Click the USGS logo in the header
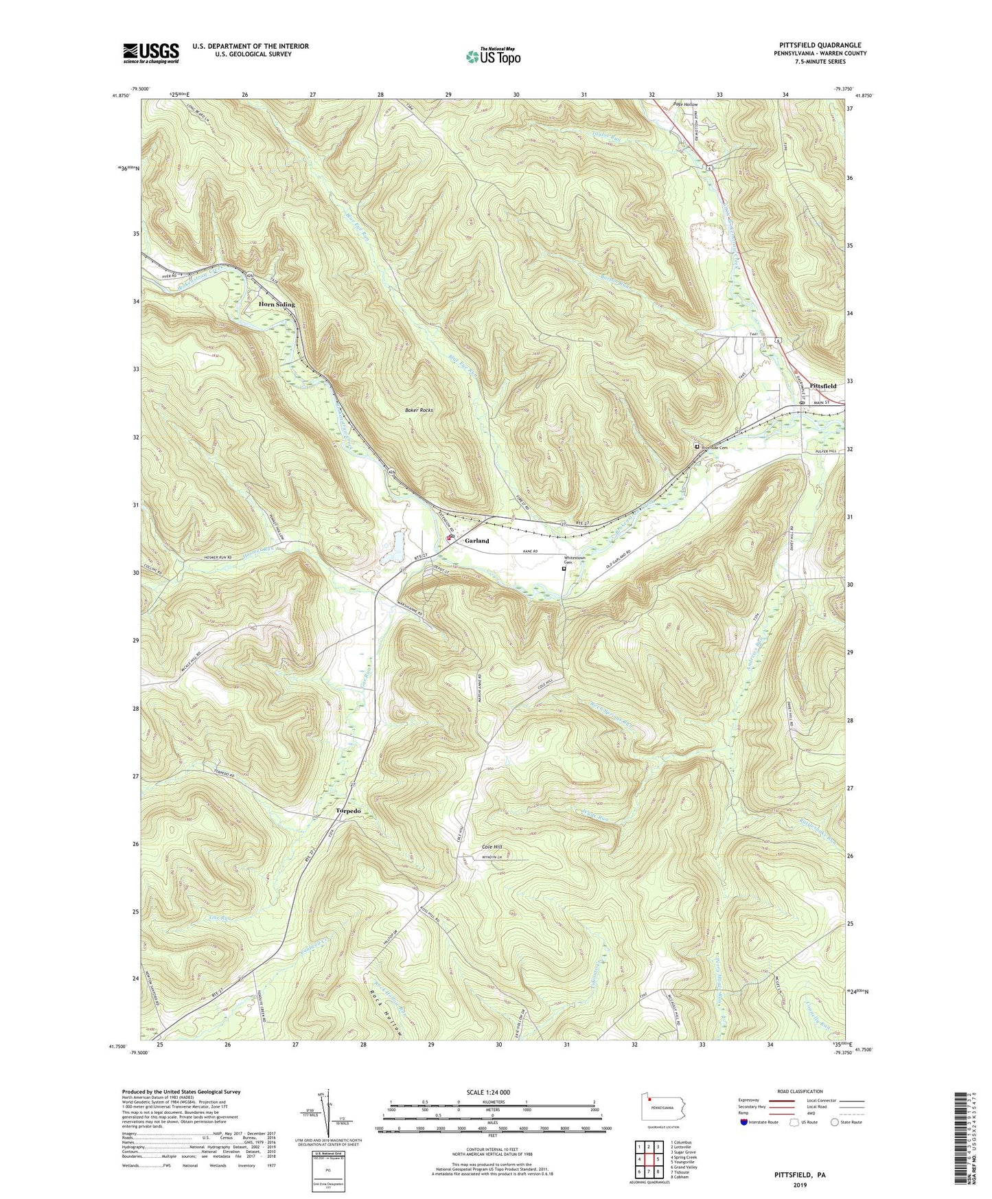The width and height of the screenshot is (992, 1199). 151,52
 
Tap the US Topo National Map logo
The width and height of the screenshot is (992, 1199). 492,56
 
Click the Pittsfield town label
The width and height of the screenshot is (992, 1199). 824,387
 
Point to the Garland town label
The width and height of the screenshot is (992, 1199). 477,541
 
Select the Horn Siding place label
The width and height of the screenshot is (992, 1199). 277,304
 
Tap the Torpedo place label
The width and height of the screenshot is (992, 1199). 348,811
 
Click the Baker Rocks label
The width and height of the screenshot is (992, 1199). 419,410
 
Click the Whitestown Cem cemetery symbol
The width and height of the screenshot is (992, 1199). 564,569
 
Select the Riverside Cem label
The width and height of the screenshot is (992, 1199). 714,448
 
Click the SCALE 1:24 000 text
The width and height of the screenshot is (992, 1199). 488,1093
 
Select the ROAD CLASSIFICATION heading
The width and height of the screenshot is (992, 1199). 800,1091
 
